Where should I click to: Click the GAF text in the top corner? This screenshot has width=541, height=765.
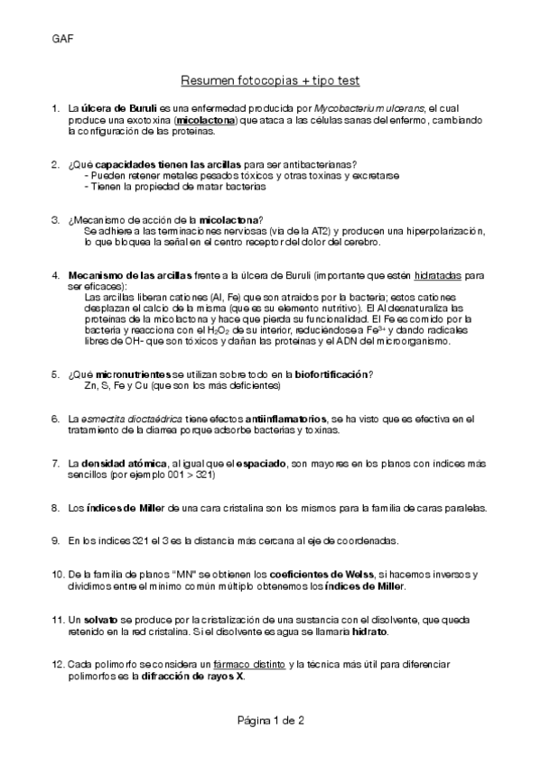(61, 40)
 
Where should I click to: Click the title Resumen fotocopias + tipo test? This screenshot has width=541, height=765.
(270, 80)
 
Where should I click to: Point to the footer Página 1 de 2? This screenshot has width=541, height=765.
(270, 720)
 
